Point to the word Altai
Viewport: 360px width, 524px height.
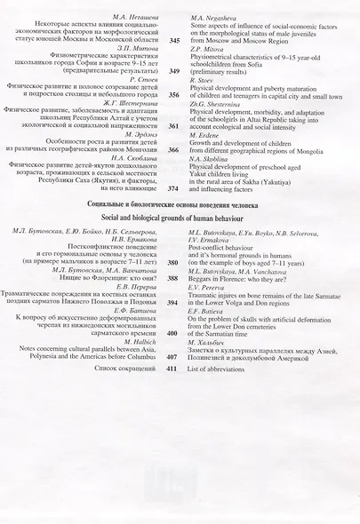[280, 120]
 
